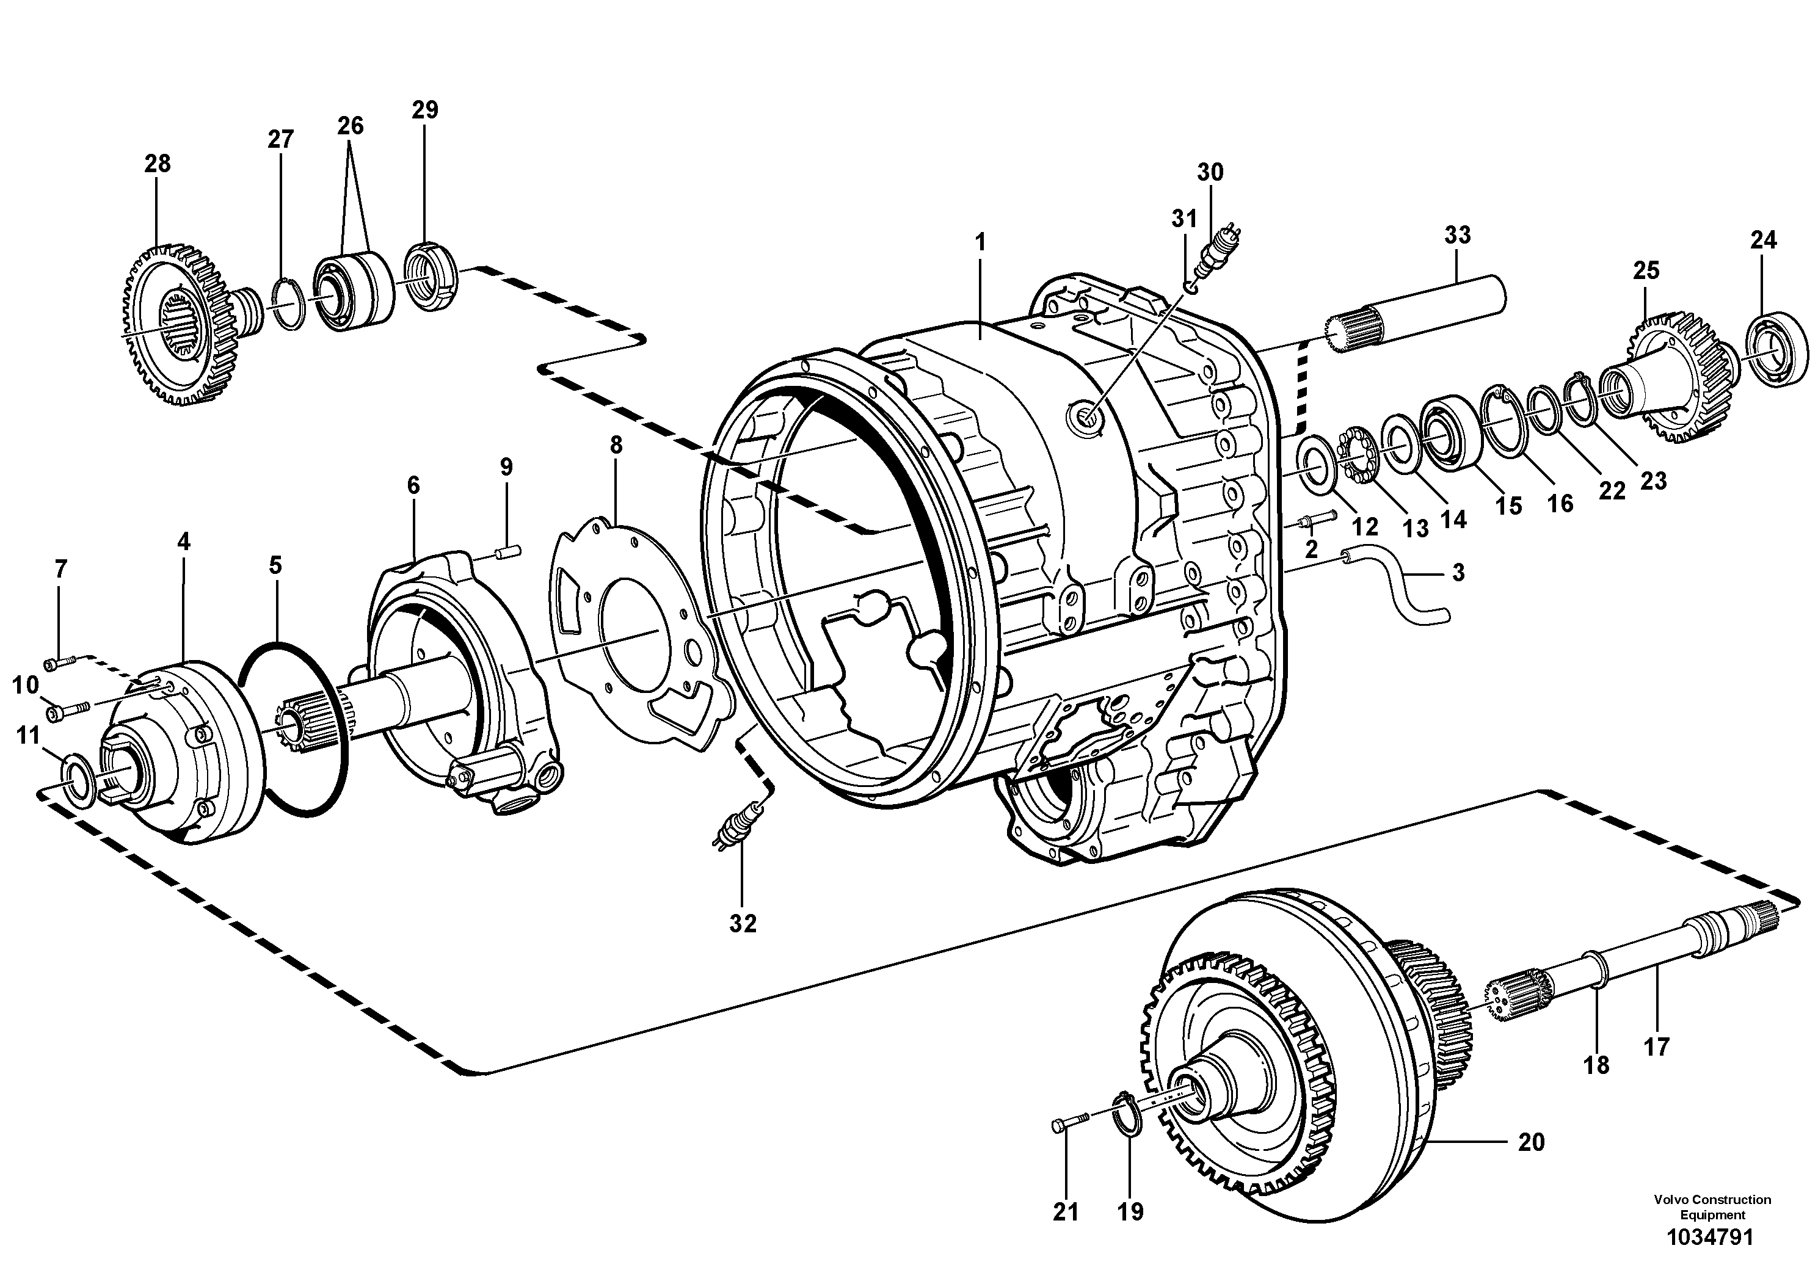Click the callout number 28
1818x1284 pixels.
coord(157,164)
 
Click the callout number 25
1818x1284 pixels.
coord(1646,270)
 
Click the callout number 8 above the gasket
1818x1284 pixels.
coord(616,445)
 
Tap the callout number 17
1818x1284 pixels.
coord(1656,1046)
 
